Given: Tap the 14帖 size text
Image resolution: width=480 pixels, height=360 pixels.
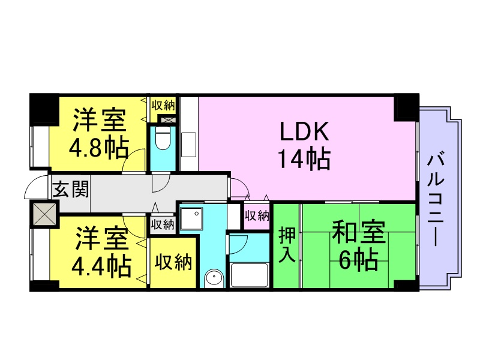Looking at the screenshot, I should tap(303, 158).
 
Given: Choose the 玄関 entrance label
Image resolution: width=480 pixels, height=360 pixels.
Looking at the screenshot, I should tap(70, 190).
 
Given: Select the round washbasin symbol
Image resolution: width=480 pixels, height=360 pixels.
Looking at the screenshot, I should tap(213, 278).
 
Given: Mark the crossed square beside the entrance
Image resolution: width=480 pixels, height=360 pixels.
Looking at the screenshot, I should tap(43, 214).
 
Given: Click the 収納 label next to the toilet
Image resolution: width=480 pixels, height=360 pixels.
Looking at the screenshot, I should tap(163, 105).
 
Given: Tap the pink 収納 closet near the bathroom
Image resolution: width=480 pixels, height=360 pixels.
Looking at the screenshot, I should tap(257, 215).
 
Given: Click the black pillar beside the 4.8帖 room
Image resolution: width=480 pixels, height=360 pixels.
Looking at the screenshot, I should tap(43, 109).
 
